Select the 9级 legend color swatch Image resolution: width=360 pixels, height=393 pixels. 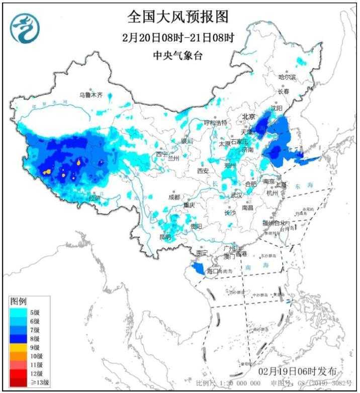(17, 346)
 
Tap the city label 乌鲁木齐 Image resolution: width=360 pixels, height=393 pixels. (91, 94)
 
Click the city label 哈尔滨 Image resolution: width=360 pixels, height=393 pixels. (288, 77)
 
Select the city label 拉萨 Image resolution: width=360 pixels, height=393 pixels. (95, 199)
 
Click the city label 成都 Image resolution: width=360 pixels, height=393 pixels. (174, 197)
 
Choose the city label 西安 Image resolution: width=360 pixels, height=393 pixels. (203, 170)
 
